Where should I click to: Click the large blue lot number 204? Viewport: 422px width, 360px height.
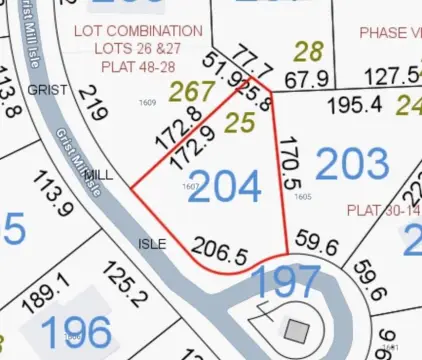pyautogui.click(x=224, y=186)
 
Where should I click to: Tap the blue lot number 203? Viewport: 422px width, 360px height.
pyautogui.click(x=352, y=164)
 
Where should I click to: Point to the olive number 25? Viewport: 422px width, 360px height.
pyautogui.click(x=239, y=125)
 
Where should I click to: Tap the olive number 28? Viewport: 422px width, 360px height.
pyautogui.click(x=310, y=52)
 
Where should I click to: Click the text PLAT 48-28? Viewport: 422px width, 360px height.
pyautogui.click(x=138, y=66)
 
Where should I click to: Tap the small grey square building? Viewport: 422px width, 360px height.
pyautogui.click(x=297, y=328)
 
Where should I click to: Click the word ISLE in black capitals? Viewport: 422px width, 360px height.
pyautogui.click(x=152, y=243)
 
